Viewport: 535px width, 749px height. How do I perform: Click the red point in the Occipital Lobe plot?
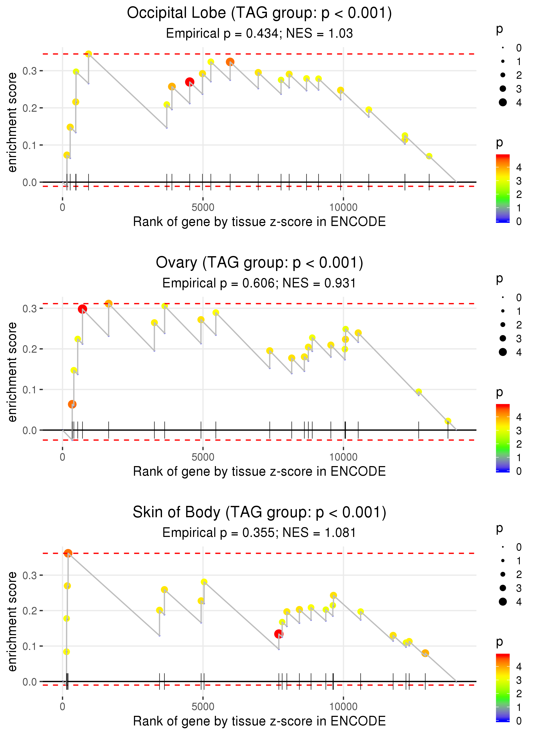(189, 82)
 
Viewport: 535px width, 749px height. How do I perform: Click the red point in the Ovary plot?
(82, 309)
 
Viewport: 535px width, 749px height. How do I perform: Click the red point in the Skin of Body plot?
(279, 634)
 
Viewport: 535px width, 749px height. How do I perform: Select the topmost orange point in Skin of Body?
(68, 553)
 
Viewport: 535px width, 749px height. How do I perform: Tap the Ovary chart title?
(259, 263)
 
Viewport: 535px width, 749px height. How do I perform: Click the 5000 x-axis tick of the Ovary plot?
(203, 457)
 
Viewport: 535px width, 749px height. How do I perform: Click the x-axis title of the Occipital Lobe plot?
(259, 222)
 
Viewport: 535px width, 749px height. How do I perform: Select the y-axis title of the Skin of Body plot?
(12, 621)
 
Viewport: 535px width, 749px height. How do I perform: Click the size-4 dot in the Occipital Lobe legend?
(503, 103)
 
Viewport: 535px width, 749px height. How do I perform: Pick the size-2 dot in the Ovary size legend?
(503, 325)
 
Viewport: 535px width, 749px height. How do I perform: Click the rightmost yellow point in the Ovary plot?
(448, 421)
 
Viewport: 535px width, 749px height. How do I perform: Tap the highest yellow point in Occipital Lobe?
(88, 54)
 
